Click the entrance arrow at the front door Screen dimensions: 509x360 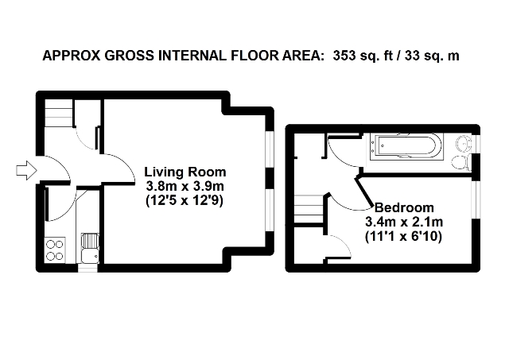(x=26, y=170)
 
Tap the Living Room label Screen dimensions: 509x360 (x=185, y=172)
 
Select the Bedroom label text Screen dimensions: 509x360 (x=404, y=207)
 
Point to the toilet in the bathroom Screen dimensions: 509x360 (x=461, y=162)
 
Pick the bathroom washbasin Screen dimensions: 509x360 (x=464, y=143)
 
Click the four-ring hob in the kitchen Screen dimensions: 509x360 (x=55, y=250)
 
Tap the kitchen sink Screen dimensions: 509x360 (x=90, y=249)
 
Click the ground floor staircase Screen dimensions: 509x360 (x=58, y=113)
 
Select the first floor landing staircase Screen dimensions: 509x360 (x=309, y=208)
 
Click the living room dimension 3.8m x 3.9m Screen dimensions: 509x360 (x=185, y=187)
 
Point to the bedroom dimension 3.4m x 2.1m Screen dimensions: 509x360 (x=404, y=223)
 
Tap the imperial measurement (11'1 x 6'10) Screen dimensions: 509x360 (x=404, y=237)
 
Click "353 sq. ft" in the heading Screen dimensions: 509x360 (x=363, y=56)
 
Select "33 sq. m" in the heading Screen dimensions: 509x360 (x=432, y=56)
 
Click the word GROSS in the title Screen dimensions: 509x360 (x=129, y=56)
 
